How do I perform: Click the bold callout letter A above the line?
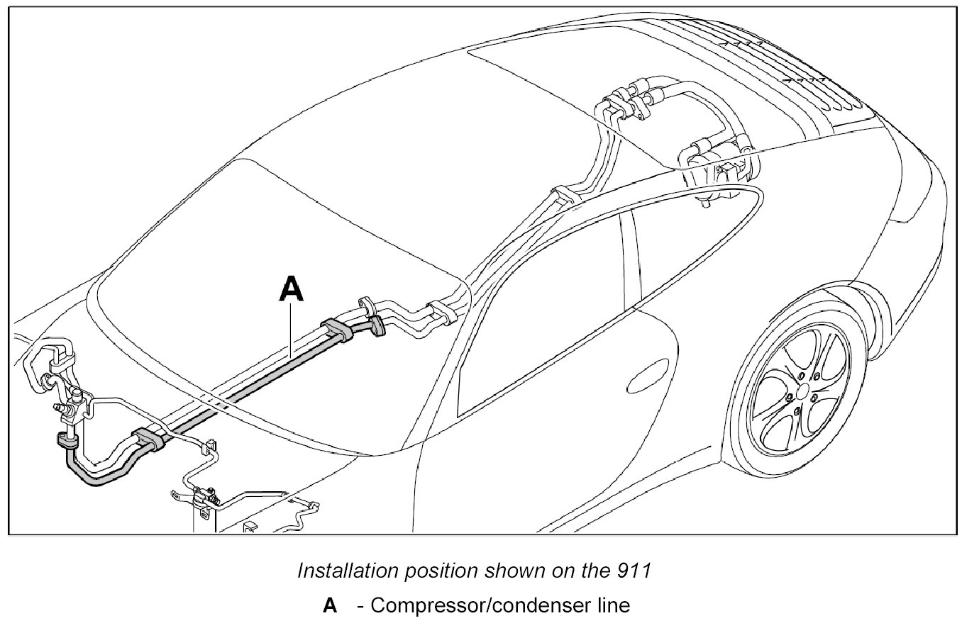[x=292, y=290]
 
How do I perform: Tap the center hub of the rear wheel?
[x=801, y=391]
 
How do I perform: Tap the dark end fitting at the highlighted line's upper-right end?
[x=376, y=325]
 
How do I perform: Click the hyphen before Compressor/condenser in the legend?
[x=361, y=607]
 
